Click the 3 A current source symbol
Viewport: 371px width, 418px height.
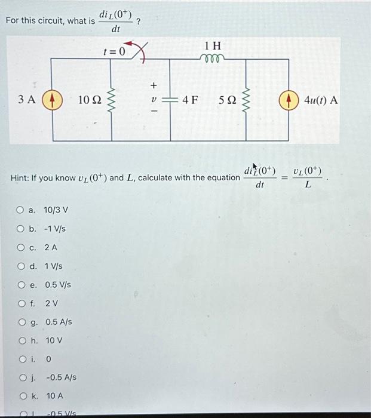[52, 99]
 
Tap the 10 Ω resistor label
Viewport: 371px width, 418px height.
[91, 100]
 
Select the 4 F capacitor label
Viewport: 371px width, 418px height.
[190, 100]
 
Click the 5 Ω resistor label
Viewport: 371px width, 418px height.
[229, 100]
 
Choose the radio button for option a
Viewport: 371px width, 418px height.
[20, 210]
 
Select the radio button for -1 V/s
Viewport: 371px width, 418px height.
[20, 229]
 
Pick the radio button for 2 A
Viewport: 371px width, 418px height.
[20, 247]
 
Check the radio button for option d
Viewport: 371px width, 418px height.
[20, 266]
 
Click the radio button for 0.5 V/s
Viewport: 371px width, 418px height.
[20, 285]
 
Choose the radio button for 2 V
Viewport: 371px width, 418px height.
[20, 303]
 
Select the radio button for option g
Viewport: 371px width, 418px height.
[20, 322]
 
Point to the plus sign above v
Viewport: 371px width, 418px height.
[152, 85]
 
